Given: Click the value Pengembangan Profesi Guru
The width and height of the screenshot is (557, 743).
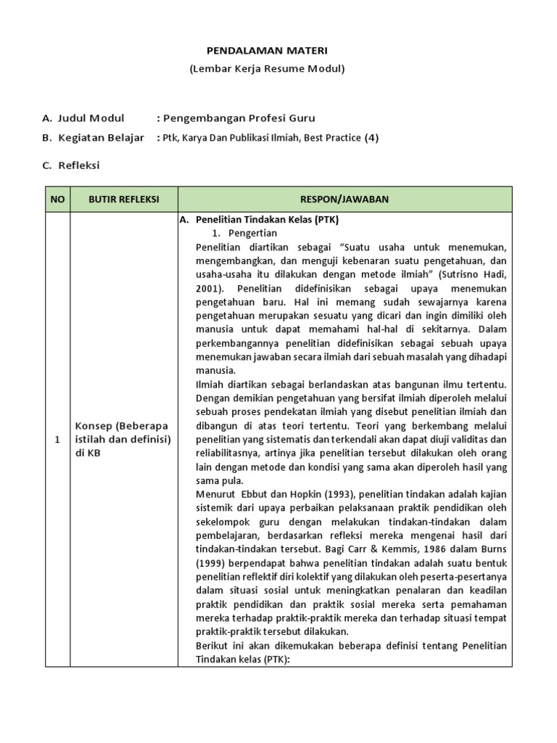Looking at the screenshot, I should (x=239, y=118).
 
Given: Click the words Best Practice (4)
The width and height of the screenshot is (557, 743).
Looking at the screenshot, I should (x=333, y=138).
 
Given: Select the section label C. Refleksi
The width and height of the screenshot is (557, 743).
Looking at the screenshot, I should (x=71, y=165).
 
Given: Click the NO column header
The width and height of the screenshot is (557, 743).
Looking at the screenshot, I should (x=57, y=199).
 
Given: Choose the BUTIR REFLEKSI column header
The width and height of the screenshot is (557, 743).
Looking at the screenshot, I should (x=123, y=199).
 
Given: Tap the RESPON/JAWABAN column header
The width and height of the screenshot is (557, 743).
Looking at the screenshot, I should (x=344, y=199).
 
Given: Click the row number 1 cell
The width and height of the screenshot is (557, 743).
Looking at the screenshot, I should (x=57, y=439).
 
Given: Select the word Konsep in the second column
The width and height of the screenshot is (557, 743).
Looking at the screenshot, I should (x=94, y=425).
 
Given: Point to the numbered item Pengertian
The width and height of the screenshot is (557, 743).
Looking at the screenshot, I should (x=252, y=232).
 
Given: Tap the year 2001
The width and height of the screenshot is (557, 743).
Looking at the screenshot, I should (x=211, y=288).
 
